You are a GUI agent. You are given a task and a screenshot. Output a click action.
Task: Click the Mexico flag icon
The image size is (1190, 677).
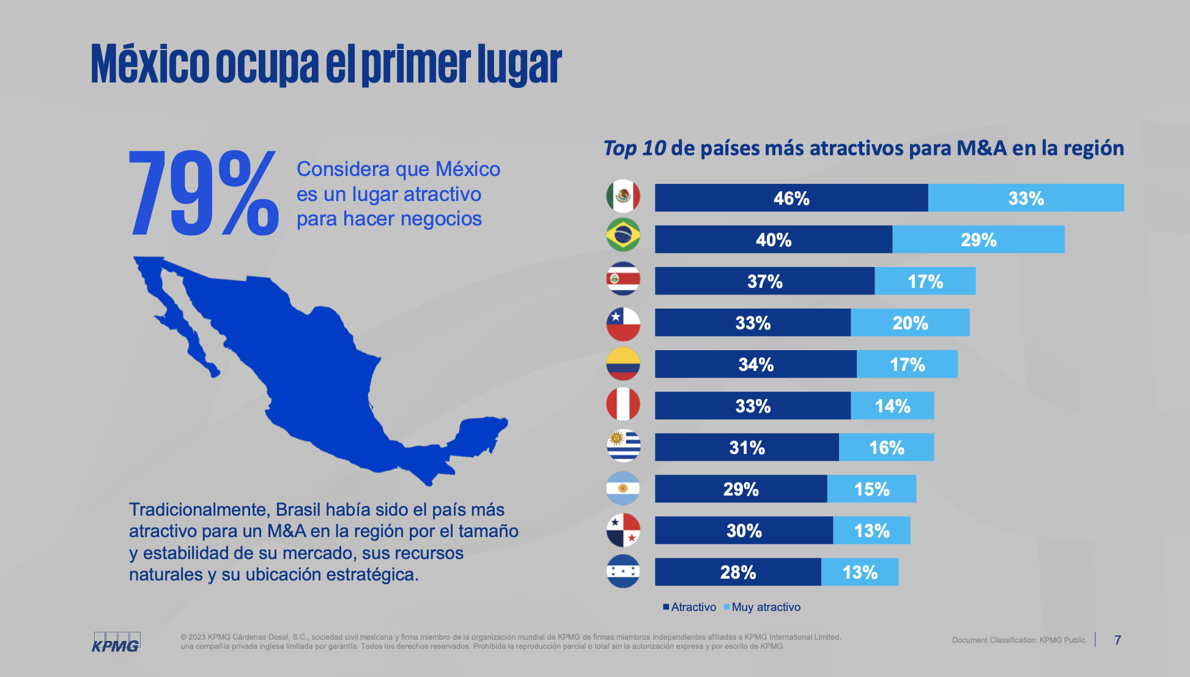tap(623, 197)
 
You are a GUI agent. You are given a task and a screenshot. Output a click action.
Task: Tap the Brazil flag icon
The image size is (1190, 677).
tap(623, 235)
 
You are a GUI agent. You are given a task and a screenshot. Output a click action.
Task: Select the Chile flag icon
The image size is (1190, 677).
tap(623, 324)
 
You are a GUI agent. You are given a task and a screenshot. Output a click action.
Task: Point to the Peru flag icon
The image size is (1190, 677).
tap(623, 404)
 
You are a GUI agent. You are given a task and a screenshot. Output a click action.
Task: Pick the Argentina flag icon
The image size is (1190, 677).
tap(623, 488)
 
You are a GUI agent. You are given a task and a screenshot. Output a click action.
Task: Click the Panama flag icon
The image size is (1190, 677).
tap(623, 530)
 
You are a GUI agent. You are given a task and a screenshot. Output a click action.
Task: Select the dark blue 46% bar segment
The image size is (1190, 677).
tap(791, 198)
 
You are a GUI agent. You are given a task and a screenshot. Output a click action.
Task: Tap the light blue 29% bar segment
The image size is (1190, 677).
tap(978, 240)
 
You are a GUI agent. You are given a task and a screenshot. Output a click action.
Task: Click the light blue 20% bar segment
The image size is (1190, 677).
tap(909, 323)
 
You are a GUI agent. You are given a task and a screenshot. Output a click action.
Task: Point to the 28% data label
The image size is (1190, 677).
tap(737, 573)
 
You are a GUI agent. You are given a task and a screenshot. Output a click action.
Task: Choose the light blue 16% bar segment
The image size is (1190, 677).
tap(886, 447)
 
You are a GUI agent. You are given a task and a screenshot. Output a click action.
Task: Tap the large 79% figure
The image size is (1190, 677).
tap(203, 194)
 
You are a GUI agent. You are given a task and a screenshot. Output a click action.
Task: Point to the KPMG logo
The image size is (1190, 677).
tap(116, 642)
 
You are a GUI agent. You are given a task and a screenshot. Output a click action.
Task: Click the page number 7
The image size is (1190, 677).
tap(1117, 640)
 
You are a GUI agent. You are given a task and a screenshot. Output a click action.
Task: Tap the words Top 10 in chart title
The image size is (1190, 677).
tap(634, 148)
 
